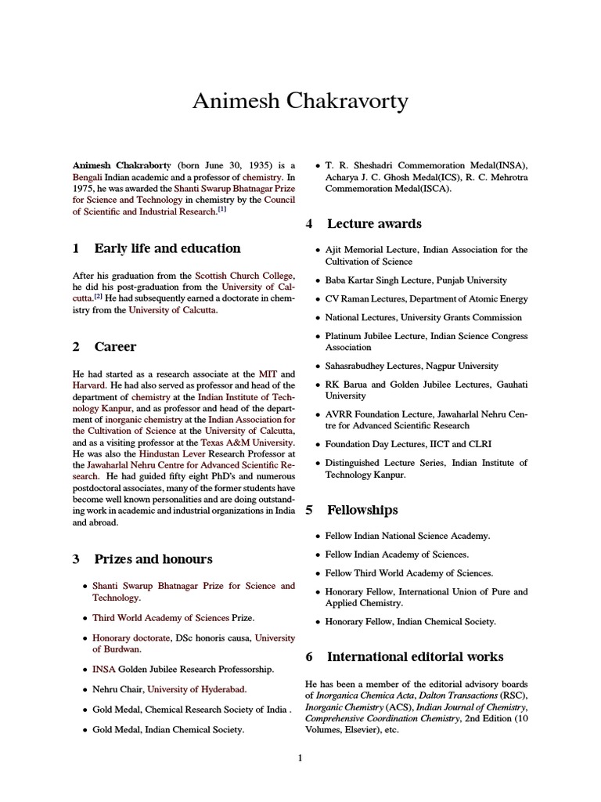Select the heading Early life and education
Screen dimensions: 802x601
point(167,249)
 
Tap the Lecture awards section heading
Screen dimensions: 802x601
point(374,224)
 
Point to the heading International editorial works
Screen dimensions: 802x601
point(415,657)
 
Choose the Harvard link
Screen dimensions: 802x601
point(88,386)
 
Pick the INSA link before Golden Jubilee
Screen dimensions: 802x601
point(103,670)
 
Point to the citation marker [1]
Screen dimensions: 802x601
point(221,210)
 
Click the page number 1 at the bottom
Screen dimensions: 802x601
point(300,758)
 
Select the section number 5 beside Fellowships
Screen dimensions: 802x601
point(309,511)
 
